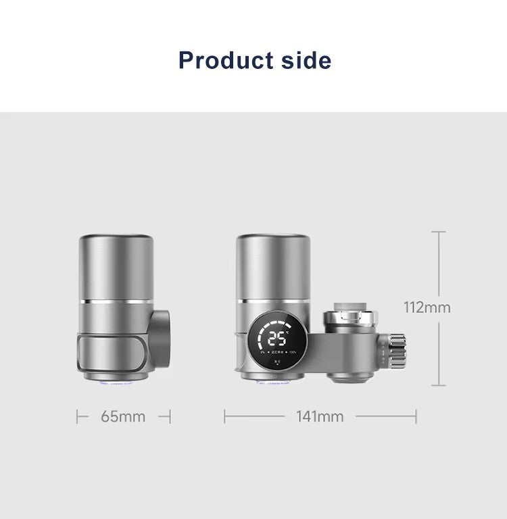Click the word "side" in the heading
pyautogui.click(x=304, y=60)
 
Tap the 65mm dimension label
pyautogui.click(x=123, y=416)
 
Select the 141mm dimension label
pyautogui.click(x=320, y=416)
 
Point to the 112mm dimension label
pyautogui.click(x=427, y=307)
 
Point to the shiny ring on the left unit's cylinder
pyautogui.click(x=115, y=299)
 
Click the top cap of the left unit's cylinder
pyautogui.click(x=115, y=240)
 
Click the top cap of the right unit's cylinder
pyautogui.click(x=273, y=240)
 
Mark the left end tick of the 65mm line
pyautogui.click(x=78, y=417)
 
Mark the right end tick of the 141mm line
pyautogui.click(x=416, y=417)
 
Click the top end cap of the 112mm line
pyautogui.click(x=439, y=232)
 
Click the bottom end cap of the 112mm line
pyautogui.click(x=439, y=386)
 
